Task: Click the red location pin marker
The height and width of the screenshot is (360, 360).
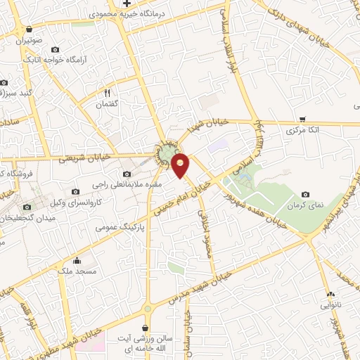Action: click(x=181, y=165)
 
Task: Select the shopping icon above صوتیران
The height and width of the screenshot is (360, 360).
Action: click(x=29, y=30)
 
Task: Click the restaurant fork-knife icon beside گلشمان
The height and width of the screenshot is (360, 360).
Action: click(x=108, y=92)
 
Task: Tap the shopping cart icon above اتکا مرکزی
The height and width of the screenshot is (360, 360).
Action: click(x=302, y=119)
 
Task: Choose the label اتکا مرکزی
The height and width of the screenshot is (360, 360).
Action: click(x=304, y=131)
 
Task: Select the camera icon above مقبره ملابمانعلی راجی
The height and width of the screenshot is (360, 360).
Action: click(x=127, y=174)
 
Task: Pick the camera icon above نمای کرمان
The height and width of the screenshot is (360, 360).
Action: click(x=305, y=195)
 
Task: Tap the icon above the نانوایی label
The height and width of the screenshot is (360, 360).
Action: click(x=330, y=294)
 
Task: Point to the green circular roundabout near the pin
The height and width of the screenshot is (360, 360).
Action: click(x=167, y=152)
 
